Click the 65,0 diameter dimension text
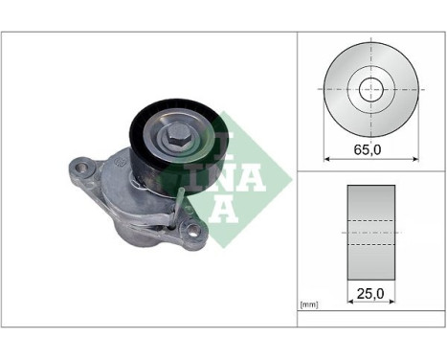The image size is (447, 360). [x=369, y=150]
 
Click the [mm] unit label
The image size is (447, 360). [x=309, y=304]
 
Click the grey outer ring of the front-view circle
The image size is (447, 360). [x=338, y=88]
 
